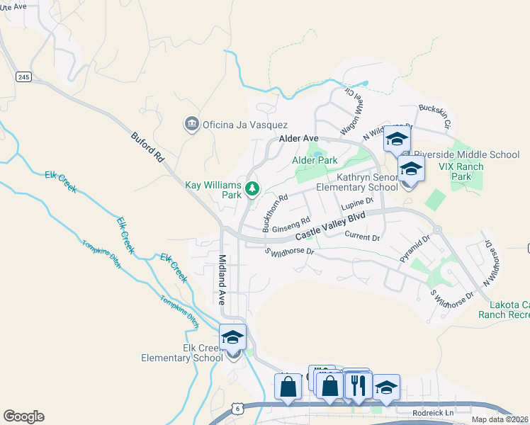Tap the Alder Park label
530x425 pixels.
pyautogui.click(x=315, y=161)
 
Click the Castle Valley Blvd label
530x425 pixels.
pyautogui.click(x=330, y=225)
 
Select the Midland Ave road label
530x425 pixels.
pyautogui.click(x=222, y=280)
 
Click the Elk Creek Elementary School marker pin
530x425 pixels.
pyautogui.click(x=232, y=339)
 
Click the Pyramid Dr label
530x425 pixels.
pyautogui.click(x=415, y=250)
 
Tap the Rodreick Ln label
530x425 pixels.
pyautogui.click(x=432, y=412)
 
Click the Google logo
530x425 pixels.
pyautogui.click(x=23, y=416)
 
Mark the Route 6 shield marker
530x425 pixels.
pyautogui.click(x=236, y=409)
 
